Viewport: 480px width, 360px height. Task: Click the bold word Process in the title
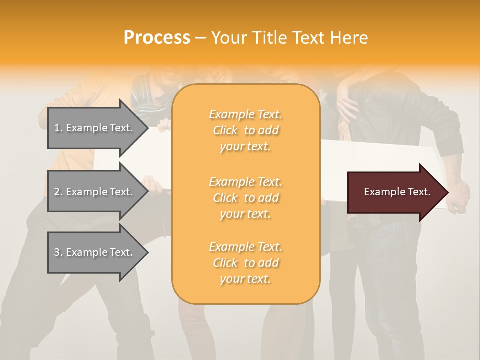click(157, 38)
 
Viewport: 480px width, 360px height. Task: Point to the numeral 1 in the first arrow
click(56, 128)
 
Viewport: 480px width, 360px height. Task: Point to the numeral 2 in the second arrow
click(57, 192)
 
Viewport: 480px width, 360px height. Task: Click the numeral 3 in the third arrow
click(57, 252)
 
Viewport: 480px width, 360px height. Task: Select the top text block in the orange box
click(245, 130)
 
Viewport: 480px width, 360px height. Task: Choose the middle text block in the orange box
click(245, 198)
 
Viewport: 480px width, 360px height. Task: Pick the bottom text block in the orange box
click(245, 263)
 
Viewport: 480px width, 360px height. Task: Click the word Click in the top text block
click(225, 130)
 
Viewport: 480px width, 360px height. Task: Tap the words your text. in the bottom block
click(245, 279)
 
